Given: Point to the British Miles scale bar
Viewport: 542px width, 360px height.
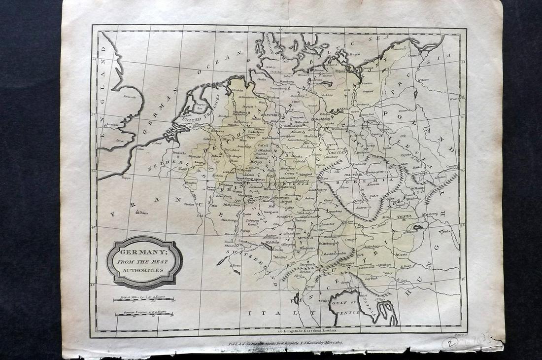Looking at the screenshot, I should [143, 299].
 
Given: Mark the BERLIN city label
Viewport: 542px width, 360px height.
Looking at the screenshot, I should [343, 108].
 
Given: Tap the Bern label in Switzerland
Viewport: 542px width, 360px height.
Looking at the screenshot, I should [237, 265].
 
